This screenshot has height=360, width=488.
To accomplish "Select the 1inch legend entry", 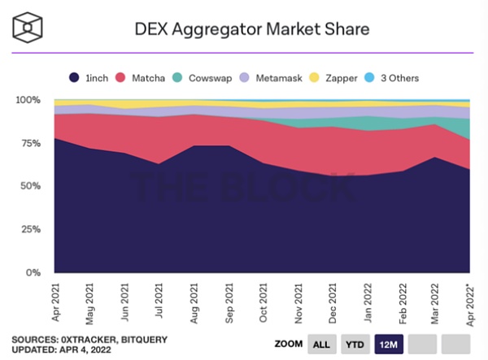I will (x=89, y=78).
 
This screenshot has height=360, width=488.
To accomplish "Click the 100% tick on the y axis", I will (x=29, y=100).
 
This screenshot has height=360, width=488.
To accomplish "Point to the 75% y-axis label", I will (x=32, y=143).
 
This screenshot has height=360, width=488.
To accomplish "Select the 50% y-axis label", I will (x=32, y=186).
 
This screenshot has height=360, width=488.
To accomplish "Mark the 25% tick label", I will (x=32, y=229).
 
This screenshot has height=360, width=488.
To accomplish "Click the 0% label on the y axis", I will (x=34, y=273).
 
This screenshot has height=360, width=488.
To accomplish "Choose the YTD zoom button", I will (x=355, y=345).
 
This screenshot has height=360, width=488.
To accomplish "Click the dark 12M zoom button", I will (x=389, y=345).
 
